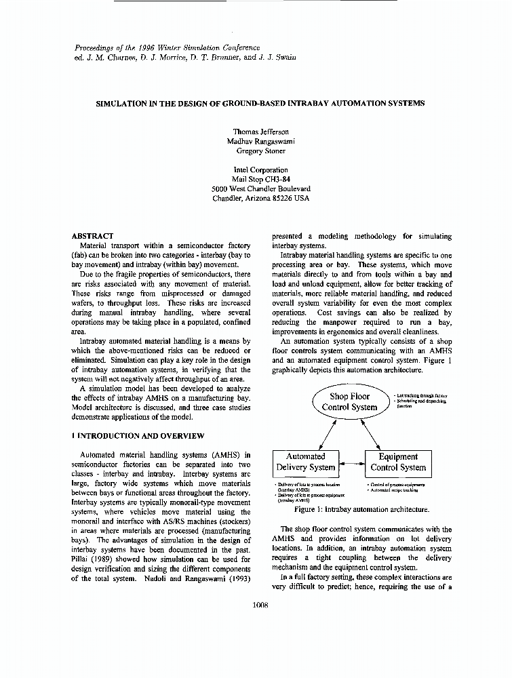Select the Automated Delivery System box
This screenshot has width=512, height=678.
pyautogui.click(x=305, y=462)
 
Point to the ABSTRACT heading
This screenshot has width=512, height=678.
pyautogui.click(x=92, y=236)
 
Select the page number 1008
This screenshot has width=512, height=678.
pyautogui.click(x=260, y=605)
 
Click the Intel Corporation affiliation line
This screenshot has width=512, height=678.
pyautogui.click(x=260, y=170)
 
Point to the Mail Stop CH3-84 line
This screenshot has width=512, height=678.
pyautogui.click(x=260, y=180)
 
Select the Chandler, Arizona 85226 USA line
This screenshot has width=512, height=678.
pyautogui.click(x=260, y=199)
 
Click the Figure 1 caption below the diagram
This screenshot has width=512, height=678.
pyautogui.click(x=361, y=509)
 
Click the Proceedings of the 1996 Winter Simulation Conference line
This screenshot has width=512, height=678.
pyautogui.click(x=166, y=47)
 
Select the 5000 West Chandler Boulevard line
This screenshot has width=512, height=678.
pyautogui.click(x=260, y=189)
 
